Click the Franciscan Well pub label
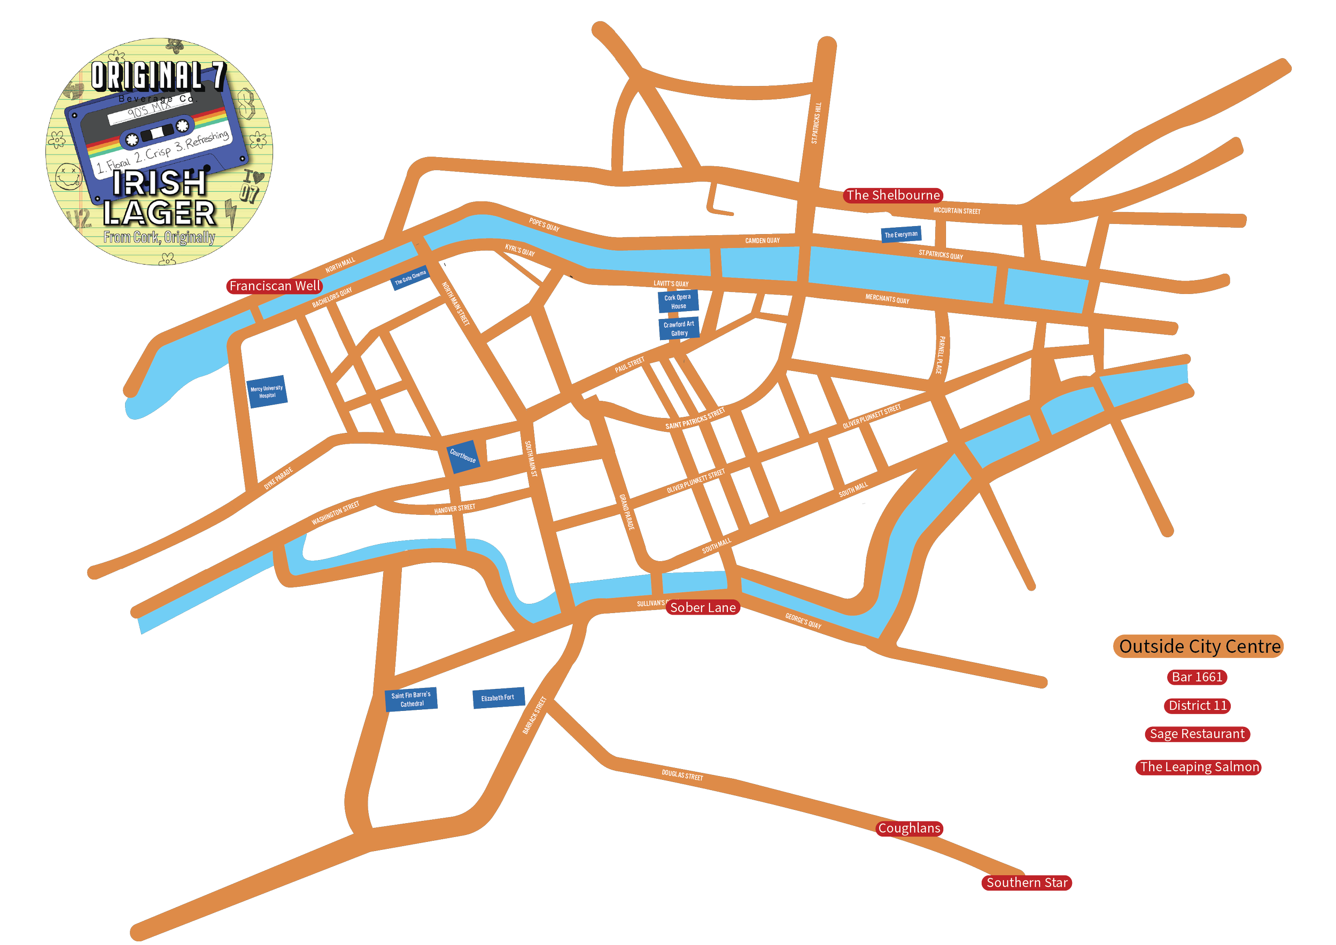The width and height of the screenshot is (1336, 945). (274, 286)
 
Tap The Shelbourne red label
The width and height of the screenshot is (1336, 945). (892, 196)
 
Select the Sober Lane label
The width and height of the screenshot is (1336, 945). (702, 608)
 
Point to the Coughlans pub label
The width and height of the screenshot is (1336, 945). (909, 828)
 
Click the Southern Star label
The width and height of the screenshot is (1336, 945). (1027, 883)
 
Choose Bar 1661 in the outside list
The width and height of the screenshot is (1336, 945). (1197, 677)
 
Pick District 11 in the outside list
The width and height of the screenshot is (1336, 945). (1198, 705)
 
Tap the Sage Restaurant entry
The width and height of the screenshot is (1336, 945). (1197, 734)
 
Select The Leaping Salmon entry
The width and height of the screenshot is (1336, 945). (1199, 767)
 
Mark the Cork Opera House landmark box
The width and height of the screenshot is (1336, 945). (678, 301)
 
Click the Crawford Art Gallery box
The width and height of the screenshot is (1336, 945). (679, 329)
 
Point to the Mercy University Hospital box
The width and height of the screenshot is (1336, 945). (267, 392)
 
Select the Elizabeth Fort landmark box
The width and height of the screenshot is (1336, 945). (498, 697)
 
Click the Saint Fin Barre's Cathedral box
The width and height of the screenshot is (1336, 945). (411, 700)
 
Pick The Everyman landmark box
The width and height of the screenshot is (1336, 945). (901, 235)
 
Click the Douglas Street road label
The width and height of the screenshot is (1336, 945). (682, 776)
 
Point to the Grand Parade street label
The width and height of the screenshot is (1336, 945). (626, 512)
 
